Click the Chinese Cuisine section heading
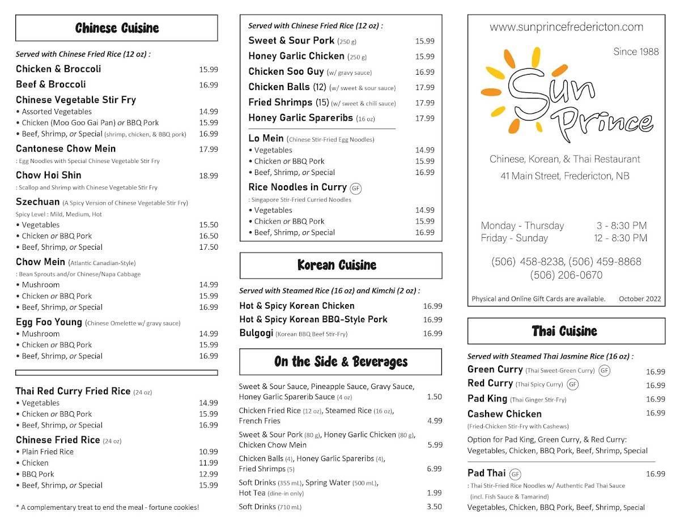pos(117,28)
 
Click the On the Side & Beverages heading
pos(341,362)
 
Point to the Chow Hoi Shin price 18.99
pos(208,176)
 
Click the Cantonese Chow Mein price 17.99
pos(208,150)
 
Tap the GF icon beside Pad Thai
pos(515,474)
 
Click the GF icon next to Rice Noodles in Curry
pos(355,188)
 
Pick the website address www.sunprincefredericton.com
pos(566,27)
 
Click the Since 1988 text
pos(636,52)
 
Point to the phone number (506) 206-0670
pos(566,275)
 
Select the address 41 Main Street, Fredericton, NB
pos(564,176)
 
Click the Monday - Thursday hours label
pos(522,225)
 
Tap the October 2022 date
pos(640,299)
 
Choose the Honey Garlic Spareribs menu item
pos(300,118)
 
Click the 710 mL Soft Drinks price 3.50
pos(434,507)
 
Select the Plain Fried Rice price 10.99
pos(208,452)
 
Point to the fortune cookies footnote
pos(108,507)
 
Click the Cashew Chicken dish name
pos(504,414)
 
